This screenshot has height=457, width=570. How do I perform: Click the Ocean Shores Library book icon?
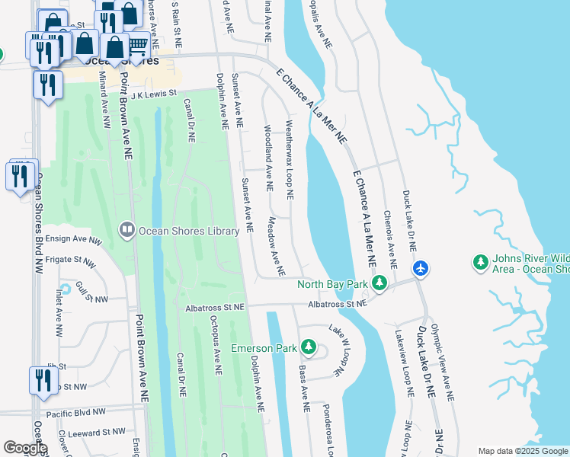point(126,229)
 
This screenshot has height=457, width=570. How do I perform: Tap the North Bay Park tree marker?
point(379,285)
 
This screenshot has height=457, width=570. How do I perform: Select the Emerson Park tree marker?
point(308,348)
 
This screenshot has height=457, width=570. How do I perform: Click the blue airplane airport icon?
point(421,269)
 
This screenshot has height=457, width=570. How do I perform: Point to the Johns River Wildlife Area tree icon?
point(481,263)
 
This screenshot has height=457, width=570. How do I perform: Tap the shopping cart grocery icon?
point(137,46)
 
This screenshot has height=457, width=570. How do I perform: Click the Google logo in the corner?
point(25,448)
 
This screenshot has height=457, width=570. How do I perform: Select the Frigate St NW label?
point(69,262)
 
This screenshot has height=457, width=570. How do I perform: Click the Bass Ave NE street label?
point(303,388)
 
